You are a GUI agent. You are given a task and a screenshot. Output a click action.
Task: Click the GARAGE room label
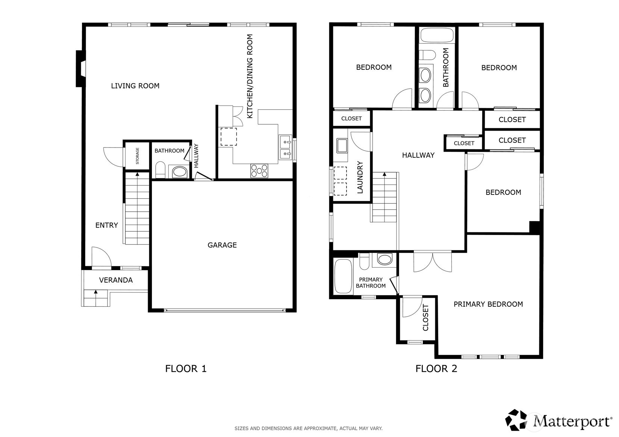click(x=222, y=245)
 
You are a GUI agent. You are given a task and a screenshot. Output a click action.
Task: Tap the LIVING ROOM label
click(x=135, y=86)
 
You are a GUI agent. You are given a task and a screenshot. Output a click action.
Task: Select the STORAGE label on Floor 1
click(x=137, y=155)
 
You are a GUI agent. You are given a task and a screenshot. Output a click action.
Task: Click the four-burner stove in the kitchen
click(x=259, y=171)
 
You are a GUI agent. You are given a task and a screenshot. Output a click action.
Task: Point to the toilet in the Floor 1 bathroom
click(x=160, y=170)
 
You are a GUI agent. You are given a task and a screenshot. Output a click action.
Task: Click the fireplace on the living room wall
click(x=80, y=69)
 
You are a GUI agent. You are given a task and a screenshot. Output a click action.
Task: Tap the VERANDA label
click(x=116, y=280)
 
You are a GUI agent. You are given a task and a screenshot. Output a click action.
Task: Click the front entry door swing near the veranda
click(x=101, y=257)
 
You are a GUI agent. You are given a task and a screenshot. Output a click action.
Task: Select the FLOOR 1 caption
click(x=186, y=369)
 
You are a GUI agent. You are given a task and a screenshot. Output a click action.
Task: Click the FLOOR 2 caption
click(x=436, y=369)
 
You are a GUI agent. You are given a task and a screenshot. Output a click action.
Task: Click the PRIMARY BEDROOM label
click(x=488, y=304)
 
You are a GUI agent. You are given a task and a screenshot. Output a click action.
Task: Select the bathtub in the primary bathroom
click(x=343, y=276)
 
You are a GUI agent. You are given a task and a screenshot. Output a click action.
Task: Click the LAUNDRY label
click(x=360, y=177)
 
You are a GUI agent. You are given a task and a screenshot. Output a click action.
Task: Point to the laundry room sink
click(x=342, y=145)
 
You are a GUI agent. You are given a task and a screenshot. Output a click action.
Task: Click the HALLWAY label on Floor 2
click(x=418, y=155)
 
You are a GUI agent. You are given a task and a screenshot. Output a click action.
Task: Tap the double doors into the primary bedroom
click(x=433, y=262)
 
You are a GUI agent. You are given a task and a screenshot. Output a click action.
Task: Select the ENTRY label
click(x=107, y=225)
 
